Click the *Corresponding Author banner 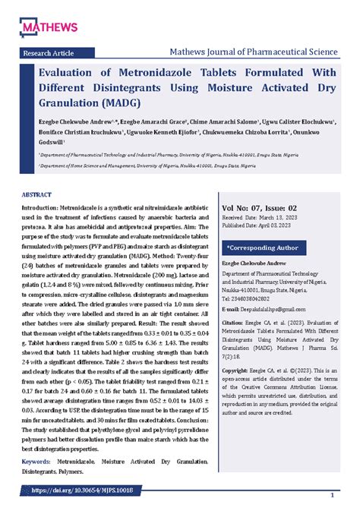click(x=262, y=248)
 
